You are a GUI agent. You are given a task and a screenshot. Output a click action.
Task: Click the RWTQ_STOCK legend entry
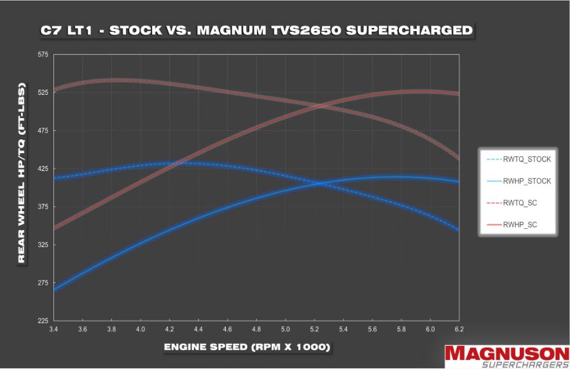point(526,159)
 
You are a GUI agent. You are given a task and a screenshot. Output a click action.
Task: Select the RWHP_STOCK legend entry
point(526,181)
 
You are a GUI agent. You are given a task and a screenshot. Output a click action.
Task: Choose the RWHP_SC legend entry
point(520,224)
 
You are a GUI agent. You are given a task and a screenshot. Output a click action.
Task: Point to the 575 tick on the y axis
point(43,55)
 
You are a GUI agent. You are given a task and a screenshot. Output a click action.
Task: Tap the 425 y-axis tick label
point(43,169)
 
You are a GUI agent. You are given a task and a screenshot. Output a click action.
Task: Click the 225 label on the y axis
point(43,321)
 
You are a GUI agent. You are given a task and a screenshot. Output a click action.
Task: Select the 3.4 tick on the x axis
point(53,329)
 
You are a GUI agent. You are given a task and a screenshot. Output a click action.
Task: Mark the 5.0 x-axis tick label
point(285,329)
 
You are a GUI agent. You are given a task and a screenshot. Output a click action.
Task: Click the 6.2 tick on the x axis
point(459,329)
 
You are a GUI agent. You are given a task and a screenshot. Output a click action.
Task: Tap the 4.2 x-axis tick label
point(169,329)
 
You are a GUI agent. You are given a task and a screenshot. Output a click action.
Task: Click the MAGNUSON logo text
point(506,353)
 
